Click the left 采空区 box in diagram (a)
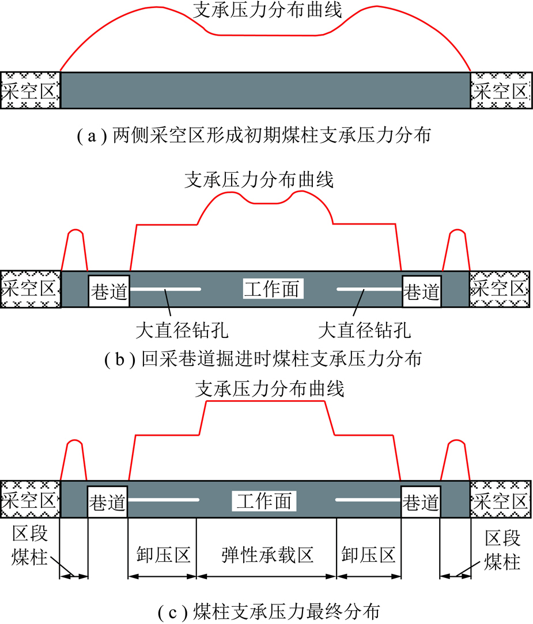[x=30, y=90]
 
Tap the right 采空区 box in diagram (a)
[x=500, y=90]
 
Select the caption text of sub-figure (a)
[x=266, y=136]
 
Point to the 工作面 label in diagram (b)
[x=271, y=288]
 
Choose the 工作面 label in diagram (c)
[x=263, y=500]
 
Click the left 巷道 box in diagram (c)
[x=108, y=502]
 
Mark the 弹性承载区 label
[x=267, y=555]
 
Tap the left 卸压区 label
[x=163, y=555]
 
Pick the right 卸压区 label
[x=368, y=555]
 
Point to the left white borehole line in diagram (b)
[x=166, y=288]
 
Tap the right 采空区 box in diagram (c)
[x=500, y=500]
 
